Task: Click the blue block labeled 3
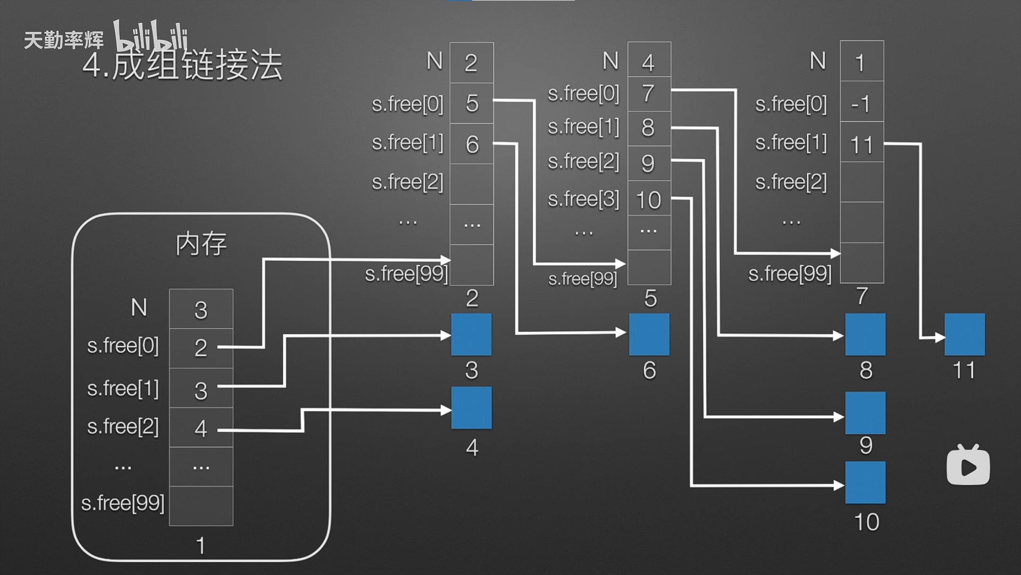(x=471, y=334)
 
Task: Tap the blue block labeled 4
(x=471, y=408)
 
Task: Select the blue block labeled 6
(x=649, y=334)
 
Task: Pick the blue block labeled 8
(x=865, y=334)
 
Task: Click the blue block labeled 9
(x=865, y=413)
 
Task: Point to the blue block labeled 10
(x=865, y=482)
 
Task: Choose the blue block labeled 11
(x=964, y=334)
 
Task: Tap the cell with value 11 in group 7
(x=861, y=144)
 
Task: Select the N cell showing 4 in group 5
(x=649, y=62)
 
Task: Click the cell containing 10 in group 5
(x=649, y=199)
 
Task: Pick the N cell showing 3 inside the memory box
(x=201, y=309)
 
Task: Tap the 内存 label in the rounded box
(x=201, y=244)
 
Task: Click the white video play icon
(x=968, y=466)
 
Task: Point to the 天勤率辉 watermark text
(x=64, y=40)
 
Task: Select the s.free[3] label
(x=583, y=199)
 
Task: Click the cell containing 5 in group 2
(x=472, y=103)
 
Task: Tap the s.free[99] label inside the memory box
(x=123, y=503)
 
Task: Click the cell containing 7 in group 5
(x=649, y=94)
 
